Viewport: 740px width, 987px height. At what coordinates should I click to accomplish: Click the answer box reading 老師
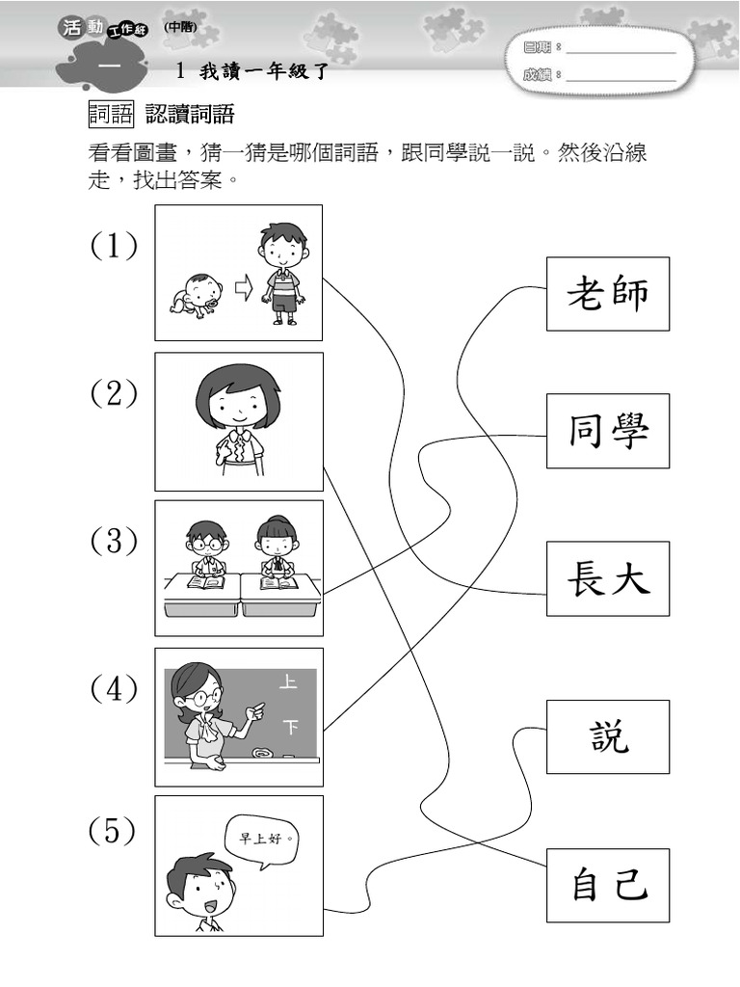tap(608, 294)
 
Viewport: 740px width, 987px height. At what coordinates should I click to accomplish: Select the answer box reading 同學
tap(608, 431)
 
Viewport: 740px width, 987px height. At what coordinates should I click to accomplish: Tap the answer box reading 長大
tap(608, 578)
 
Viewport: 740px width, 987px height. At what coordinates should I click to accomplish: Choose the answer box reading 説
tap(608, 736)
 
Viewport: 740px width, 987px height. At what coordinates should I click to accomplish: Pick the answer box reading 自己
tap(608, 885)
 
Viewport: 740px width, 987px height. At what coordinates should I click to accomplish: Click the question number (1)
tap(114, 247)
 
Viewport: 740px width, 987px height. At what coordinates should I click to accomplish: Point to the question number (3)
tap(114, 542)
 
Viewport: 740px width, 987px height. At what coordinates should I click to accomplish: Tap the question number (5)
tap(112, 831)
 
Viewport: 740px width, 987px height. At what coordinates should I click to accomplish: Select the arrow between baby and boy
tap(242, 287)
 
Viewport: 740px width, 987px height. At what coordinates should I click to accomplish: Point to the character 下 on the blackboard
tap(288, 725)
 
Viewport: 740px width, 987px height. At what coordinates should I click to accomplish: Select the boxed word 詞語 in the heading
tap(111, 116)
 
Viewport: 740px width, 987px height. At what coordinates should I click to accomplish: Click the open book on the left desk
tap(205, 582)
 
